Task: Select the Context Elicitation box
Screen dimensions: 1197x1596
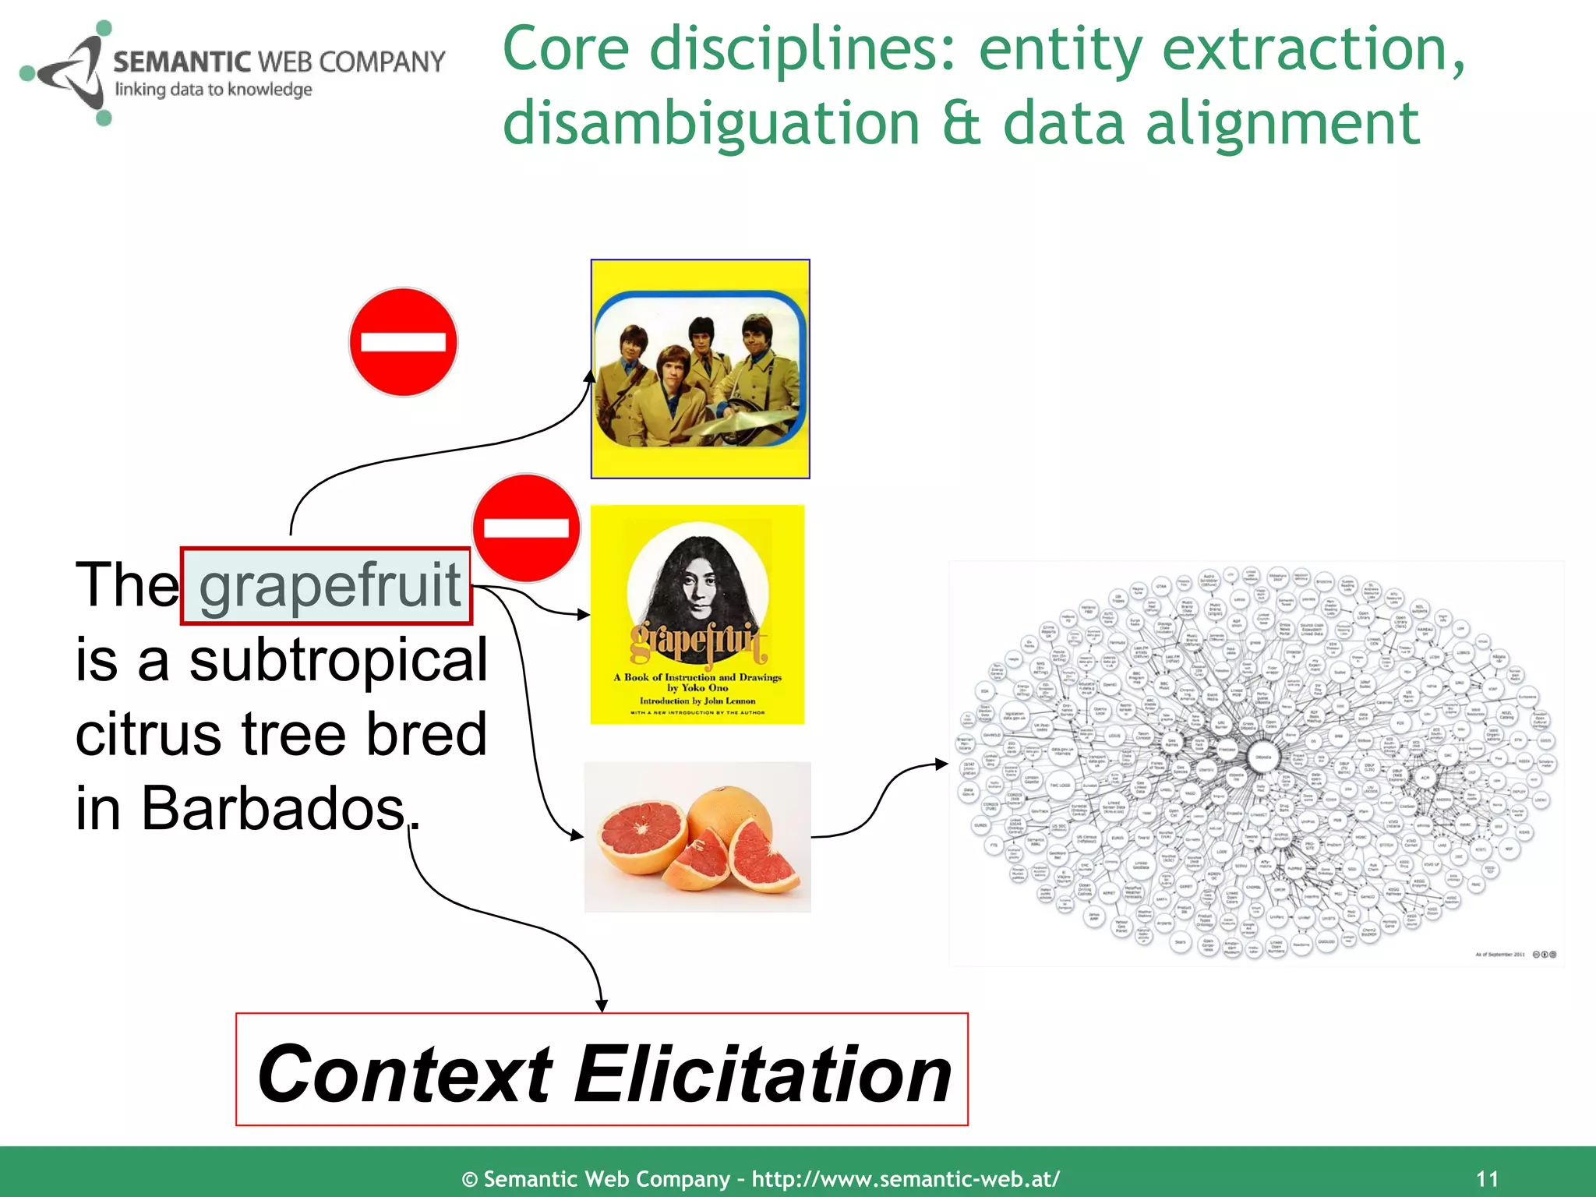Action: tap(602, 1070)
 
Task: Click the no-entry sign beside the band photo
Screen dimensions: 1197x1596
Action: tap(403, 343)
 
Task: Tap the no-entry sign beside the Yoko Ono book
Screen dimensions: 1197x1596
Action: tap(526, 528)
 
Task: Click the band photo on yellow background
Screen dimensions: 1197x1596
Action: tap(700, 369)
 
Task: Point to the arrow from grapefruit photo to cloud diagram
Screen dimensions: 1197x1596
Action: tap(881, 803)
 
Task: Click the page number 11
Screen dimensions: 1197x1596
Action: tap(1487, 1178)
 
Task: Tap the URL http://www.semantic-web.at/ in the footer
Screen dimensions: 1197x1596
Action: tap(905, 1178)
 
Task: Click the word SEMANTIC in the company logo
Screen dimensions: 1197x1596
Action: tap(182, 62)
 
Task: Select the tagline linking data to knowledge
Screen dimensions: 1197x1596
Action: tap(214, 90)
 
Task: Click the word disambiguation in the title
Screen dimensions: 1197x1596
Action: tap(711, 123)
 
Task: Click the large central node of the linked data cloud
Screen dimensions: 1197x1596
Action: tap(1262, 757)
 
